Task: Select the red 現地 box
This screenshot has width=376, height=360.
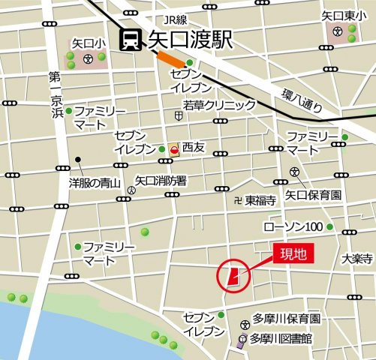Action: [x=293, y=253]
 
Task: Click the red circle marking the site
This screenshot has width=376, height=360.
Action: [x=233, y=276]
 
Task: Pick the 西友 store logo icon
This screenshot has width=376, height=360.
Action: [x=174, y=149]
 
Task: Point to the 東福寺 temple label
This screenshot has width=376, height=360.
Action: [x=258, y=200]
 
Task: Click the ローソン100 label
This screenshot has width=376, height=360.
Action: [x=293, y=226]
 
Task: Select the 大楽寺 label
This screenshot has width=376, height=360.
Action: [x=356, y=259]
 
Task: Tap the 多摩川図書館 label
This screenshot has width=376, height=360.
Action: [x=281, y=338]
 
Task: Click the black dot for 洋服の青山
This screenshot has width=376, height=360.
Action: [x=78, y=160]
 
